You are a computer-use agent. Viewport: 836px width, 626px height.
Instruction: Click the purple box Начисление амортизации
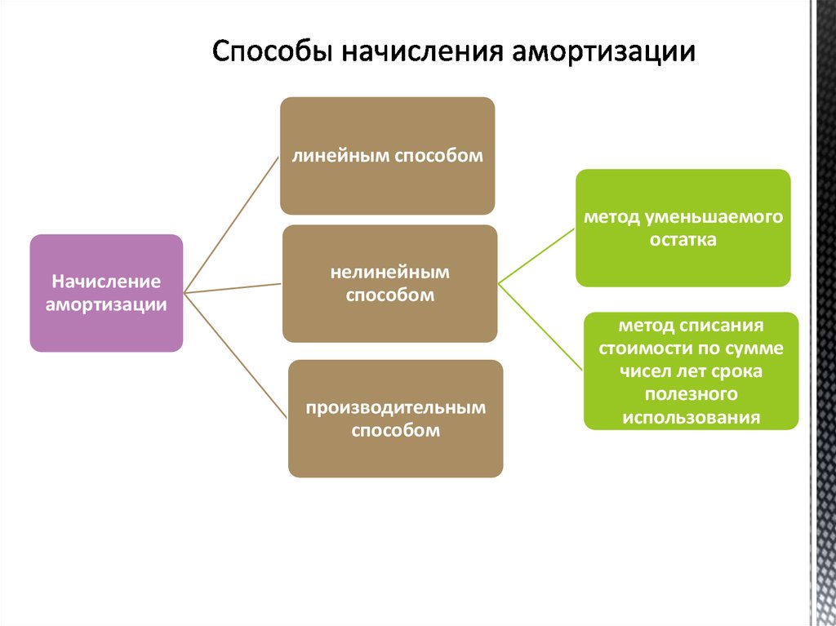pyautogui.click(x=106, y=293)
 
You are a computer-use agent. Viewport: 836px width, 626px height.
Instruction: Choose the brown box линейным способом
pyautogui.click(x=388, y=156)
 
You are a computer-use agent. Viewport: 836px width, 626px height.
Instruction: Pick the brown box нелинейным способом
pyautogui.click(x=389, y=283)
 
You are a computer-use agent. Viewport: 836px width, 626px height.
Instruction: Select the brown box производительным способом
pyautogui.click(x=396, y=419)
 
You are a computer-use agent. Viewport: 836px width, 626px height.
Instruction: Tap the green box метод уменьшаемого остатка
pyautogui.click(x=683, y=228)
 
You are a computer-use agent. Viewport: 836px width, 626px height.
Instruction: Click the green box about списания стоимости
pyautogui.click(x=691, y=371)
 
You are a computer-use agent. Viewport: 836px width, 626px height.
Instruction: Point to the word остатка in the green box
pyautogui.click(x=683, y=240)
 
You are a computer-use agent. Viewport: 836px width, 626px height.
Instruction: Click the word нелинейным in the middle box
pyautogui.click(x=389, y=273)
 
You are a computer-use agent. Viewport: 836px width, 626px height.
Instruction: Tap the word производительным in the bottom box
pyautogui.click(x=396, y=408)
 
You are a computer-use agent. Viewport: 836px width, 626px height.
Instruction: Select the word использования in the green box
pyautogui.click(x=691, y=417)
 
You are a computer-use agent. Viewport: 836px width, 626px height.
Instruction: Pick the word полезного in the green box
pyautogui.click(x=691, y=394)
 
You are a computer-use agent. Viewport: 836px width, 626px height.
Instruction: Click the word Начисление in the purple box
pyautogui.click(x=106, y=282)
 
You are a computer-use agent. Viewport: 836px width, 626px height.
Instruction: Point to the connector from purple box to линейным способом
pyautogui.click(x=231, y=224)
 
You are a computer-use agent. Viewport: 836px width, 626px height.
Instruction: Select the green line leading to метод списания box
pyautogui.click(x=540, y=327)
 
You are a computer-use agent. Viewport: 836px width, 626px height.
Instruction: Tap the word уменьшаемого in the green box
pyautogui.click(x=714, y=218)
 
